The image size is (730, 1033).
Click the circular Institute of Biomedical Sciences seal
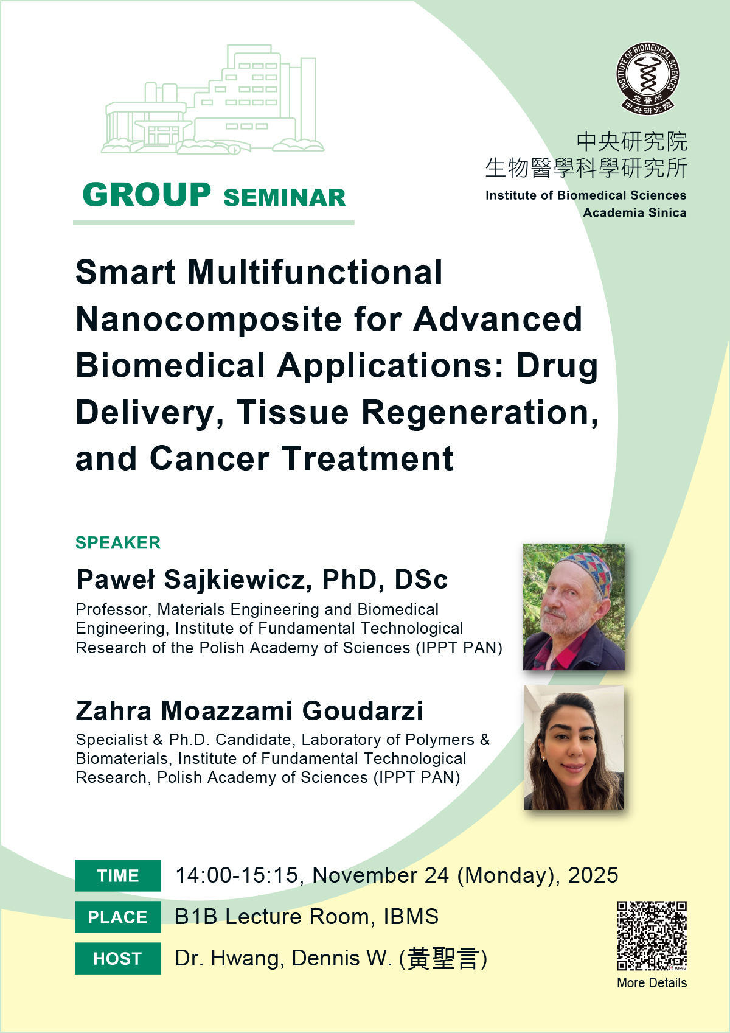[647, 79]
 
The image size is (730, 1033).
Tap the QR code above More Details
[652, 935]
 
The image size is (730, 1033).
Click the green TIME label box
[117, 875]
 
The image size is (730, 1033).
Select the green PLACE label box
[117, 917]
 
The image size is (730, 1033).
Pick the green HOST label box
[117, 958]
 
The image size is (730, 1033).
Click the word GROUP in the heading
[147, 195]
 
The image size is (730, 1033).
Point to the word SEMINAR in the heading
[284, 198]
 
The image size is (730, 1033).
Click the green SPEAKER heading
[118, 543]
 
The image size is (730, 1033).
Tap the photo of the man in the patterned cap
[574, 606]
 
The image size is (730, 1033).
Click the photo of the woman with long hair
[574, 747]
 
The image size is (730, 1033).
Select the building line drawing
[213, 100]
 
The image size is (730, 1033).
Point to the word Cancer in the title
[210, 459]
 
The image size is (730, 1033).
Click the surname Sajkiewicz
[235, 580]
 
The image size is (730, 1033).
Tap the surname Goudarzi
[362, 711]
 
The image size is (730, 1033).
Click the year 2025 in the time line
[593, 875]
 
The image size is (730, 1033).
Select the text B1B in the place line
[196, 917]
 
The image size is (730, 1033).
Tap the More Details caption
[652, 982]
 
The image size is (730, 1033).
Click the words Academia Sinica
[634, 212]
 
